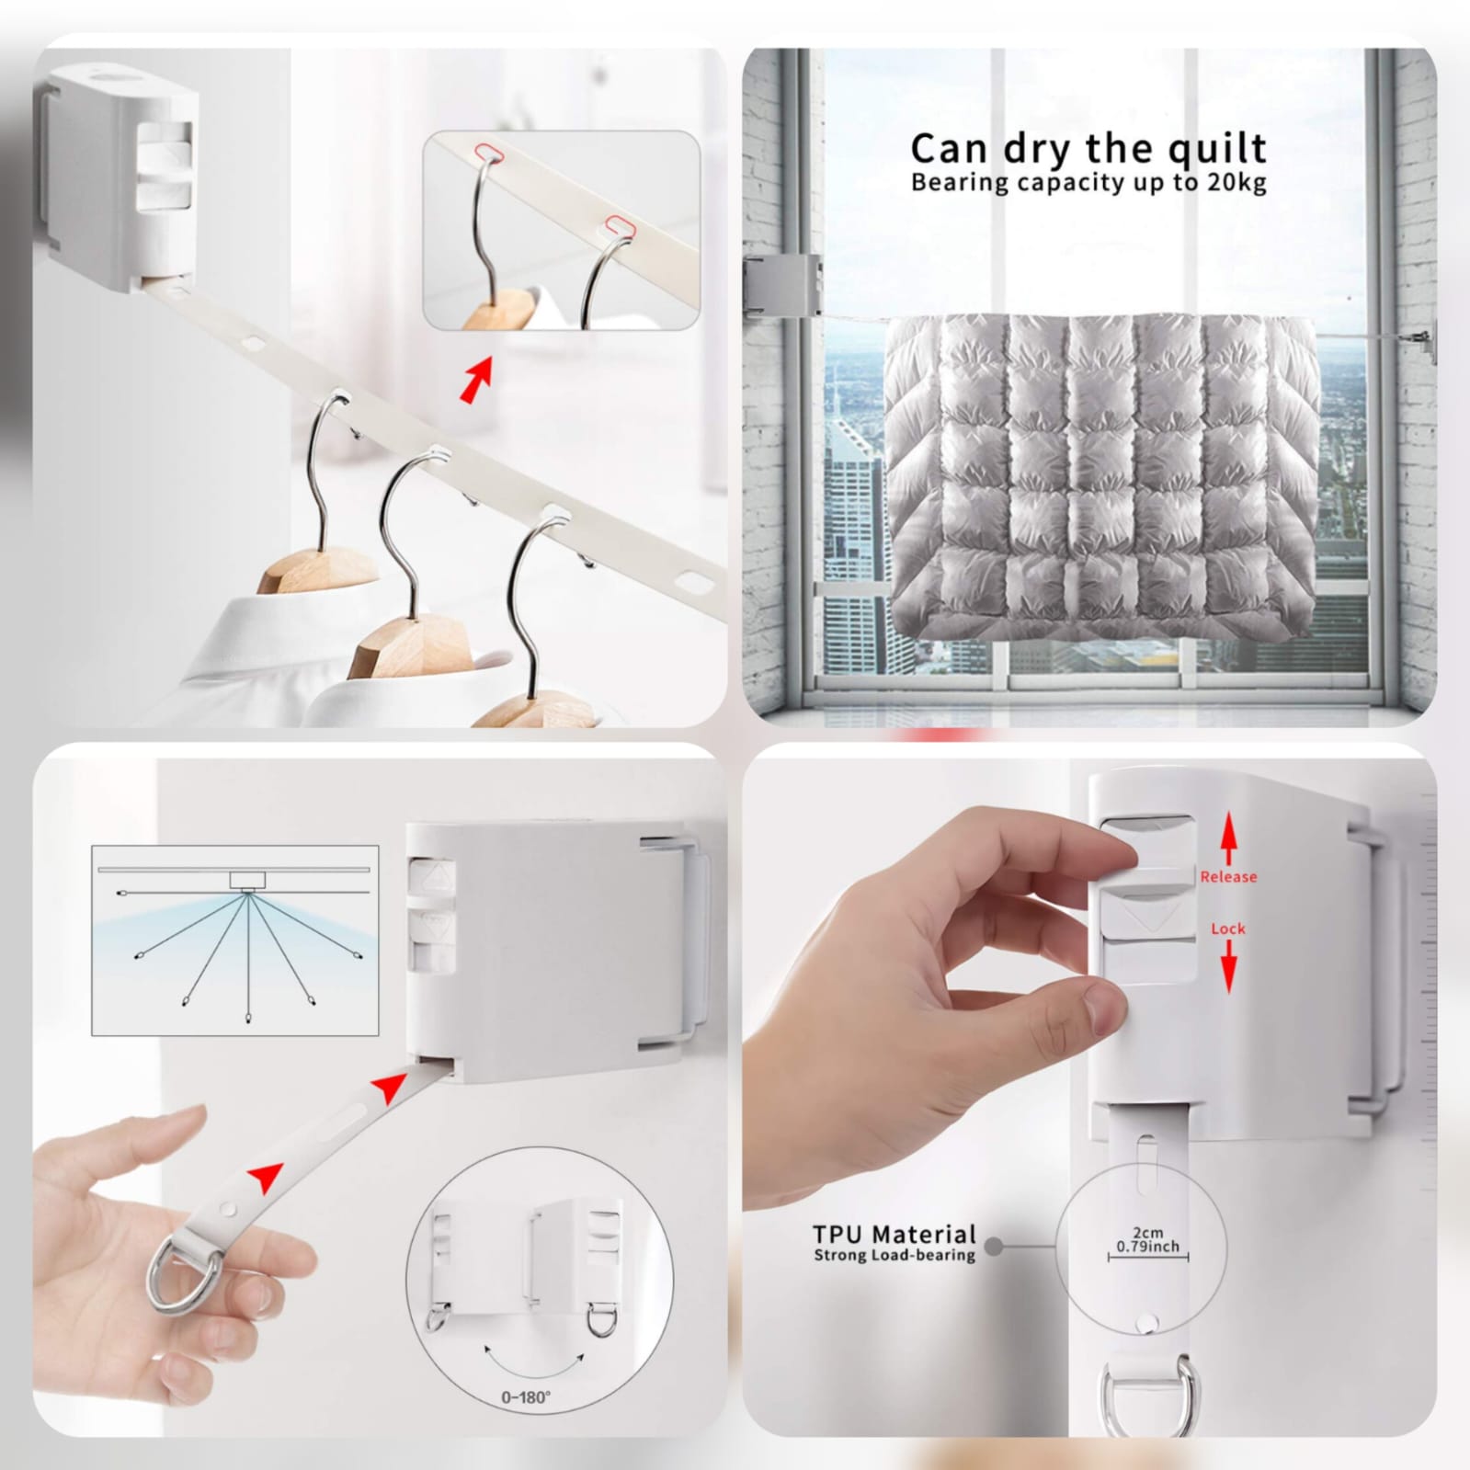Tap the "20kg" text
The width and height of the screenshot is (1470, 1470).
pyautogui.click(x=1236, y=182)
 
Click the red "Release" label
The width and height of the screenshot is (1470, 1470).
pyautogui.click(x=1227, y=876)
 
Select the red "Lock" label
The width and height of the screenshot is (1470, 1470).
pyautogui.click(x=1227, y=929)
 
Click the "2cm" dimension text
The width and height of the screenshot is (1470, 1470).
pyautogui.click(x=1147, y=1231)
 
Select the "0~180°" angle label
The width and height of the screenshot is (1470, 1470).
pyautogui.click(x=526, y=1397)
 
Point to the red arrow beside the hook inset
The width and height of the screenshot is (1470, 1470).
pyautogui.click(x=476, y=381)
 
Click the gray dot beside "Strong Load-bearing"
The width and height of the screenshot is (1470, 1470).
pyautogui.click(x=994, y=1247)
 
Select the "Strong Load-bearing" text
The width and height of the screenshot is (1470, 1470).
pyautogui.click(x=894, y=1255)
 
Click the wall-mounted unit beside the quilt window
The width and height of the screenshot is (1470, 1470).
pyautogui.click(x=781, y=285)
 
